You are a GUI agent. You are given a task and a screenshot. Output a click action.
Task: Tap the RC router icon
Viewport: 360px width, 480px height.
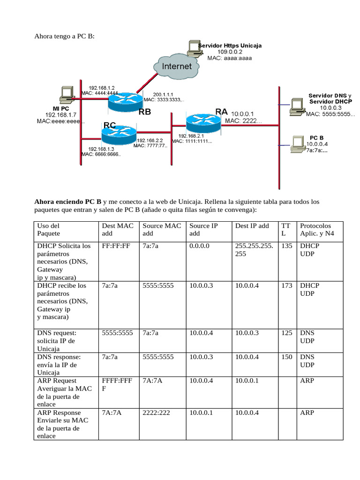(118, 134)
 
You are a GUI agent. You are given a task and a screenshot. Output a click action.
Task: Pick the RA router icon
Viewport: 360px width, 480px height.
(202, 122)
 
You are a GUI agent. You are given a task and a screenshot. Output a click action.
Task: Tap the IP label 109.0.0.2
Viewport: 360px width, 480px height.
(230, 52)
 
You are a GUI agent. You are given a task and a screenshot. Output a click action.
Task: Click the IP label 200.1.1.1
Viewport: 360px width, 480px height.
(164, 94)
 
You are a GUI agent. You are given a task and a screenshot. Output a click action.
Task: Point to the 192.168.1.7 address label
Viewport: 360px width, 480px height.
(60, 115)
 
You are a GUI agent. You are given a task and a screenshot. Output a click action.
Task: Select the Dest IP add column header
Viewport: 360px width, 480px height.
(252, 226)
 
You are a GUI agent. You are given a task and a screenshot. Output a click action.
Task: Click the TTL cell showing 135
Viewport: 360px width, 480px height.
(287, 246)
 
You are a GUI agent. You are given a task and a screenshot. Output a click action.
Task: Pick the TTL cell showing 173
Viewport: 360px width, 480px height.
(287, 285)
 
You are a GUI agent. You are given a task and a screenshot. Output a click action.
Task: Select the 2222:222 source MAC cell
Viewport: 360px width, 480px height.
(158, 413)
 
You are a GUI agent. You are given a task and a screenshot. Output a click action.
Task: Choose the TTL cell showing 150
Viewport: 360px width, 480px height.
(287, 357)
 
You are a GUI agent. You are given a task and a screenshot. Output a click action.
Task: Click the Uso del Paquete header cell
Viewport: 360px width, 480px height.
(49, 230)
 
